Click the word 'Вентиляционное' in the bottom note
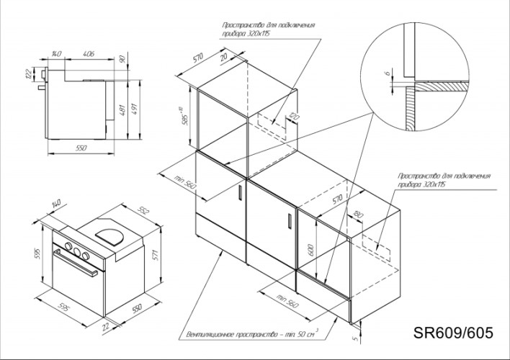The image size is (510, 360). pos(211,335)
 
